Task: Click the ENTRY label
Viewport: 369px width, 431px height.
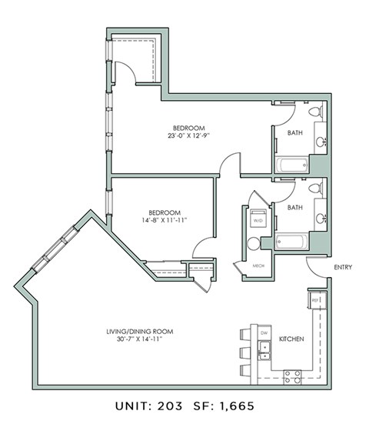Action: click(344, 267)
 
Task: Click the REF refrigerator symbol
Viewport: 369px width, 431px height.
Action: click(314, 300)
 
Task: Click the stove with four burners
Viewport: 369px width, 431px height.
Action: click(292, 376)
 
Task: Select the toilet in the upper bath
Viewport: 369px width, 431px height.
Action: click(315, 113)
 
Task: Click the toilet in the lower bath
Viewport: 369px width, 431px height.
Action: click(315, 189)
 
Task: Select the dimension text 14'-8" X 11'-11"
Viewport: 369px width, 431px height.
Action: click(165, 220)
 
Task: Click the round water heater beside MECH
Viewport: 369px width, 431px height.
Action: click(254, 244)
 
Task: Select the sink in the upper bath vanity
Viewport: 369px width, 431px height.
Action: click(319, 141)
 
